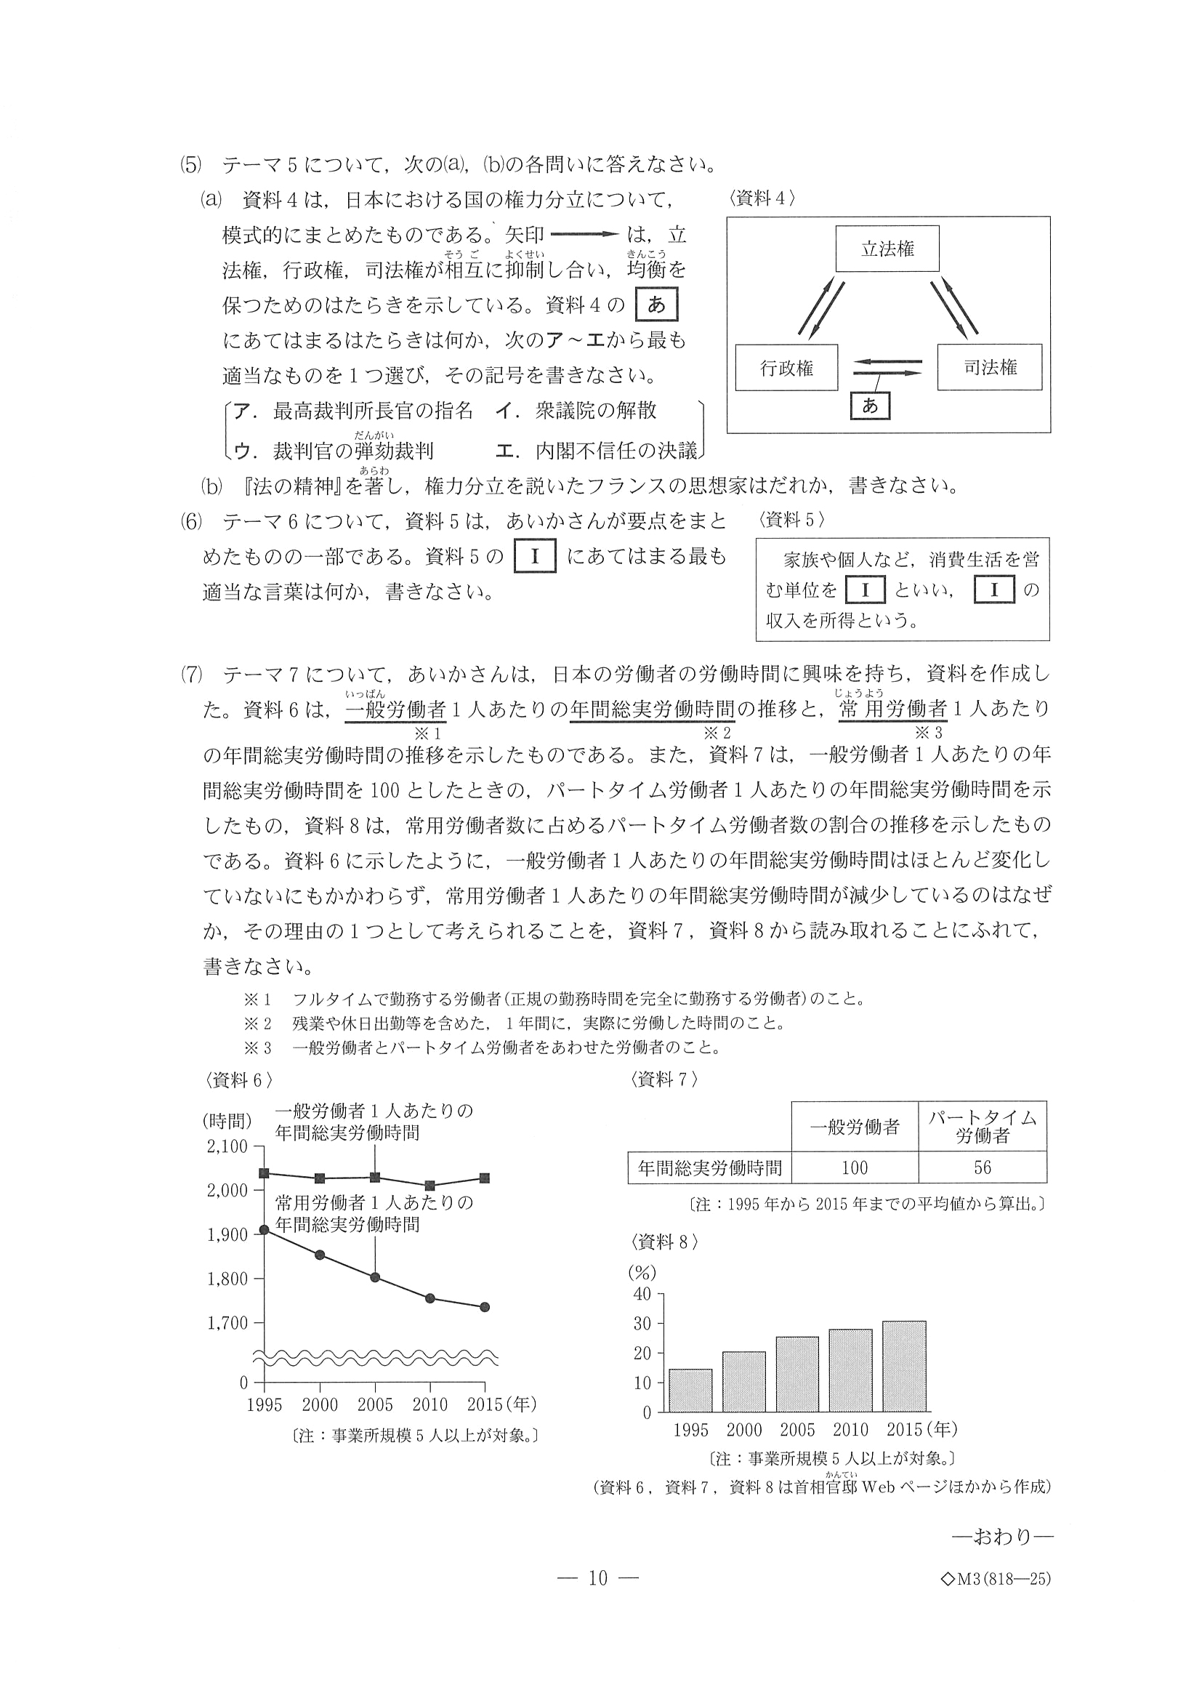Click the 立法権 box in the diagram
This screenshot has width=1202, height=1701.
[x=887, y=249]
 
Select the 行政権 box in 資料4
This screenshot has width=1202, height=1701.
[x=786, y=368]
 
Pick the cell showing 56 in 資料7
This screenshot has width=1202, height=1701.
[x=981, y=1167]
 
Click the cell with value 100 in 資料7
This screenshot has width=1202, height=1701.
[x=854, y=1167]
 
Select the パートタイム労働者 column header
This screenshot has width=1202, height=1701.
[x=981, y=1127]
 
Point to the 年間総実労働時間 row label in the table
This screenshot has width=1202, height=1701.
[x=709, y=1167]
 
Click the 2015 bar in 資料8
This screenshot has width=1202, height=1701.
[x=903, y=1366]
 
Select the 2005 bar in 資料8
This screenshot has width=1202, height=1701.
[x=797, y=1375]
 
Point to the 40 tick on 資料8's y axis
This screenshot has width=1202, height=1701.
[x=642, y=1293]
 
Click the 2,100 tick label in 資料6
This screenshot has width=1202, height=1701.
[x=227, y=1146]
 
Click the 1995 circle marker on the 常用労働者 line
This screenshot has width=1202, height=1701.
[x=265, y=1230]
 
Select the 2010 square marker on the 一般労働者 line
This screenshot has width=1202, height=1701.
[x=430, y=1186]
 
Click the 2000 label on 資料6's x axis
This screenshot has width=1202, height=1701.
[x=319, y=1404]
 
